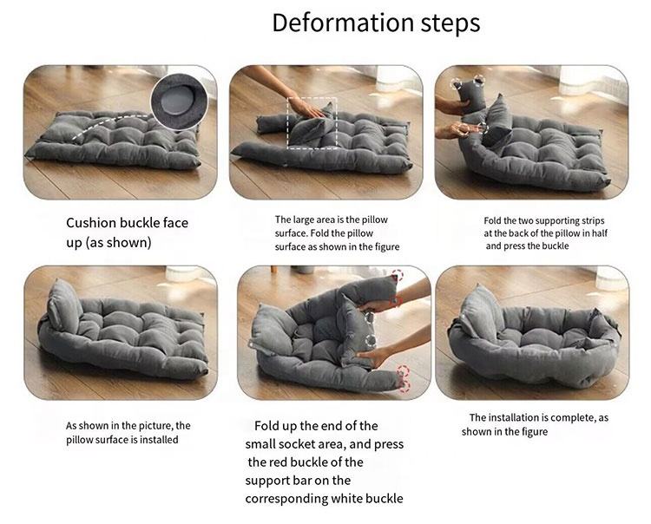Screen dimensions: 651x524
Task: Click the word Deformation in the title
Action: click(x=344, y=23)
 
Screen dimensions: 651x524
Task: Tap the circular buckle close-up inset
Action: click(x=180, y=102)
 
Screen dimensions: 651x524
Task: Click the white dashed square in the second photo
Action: click(x=312, y=123)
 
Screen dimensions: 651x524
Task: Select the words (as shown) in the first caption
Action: click(x=118, y=242)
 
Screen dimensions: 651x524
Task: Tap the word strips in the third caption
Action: click(x=591, y=221)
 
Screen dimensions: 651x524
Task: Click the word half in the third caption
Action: click(x=599, y=233)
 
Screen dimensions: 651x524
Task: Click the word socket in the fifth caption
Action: click(x=293, y=444)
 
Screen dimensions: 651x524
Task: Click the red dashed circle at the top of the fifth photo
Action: click(x=397, y=276)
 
